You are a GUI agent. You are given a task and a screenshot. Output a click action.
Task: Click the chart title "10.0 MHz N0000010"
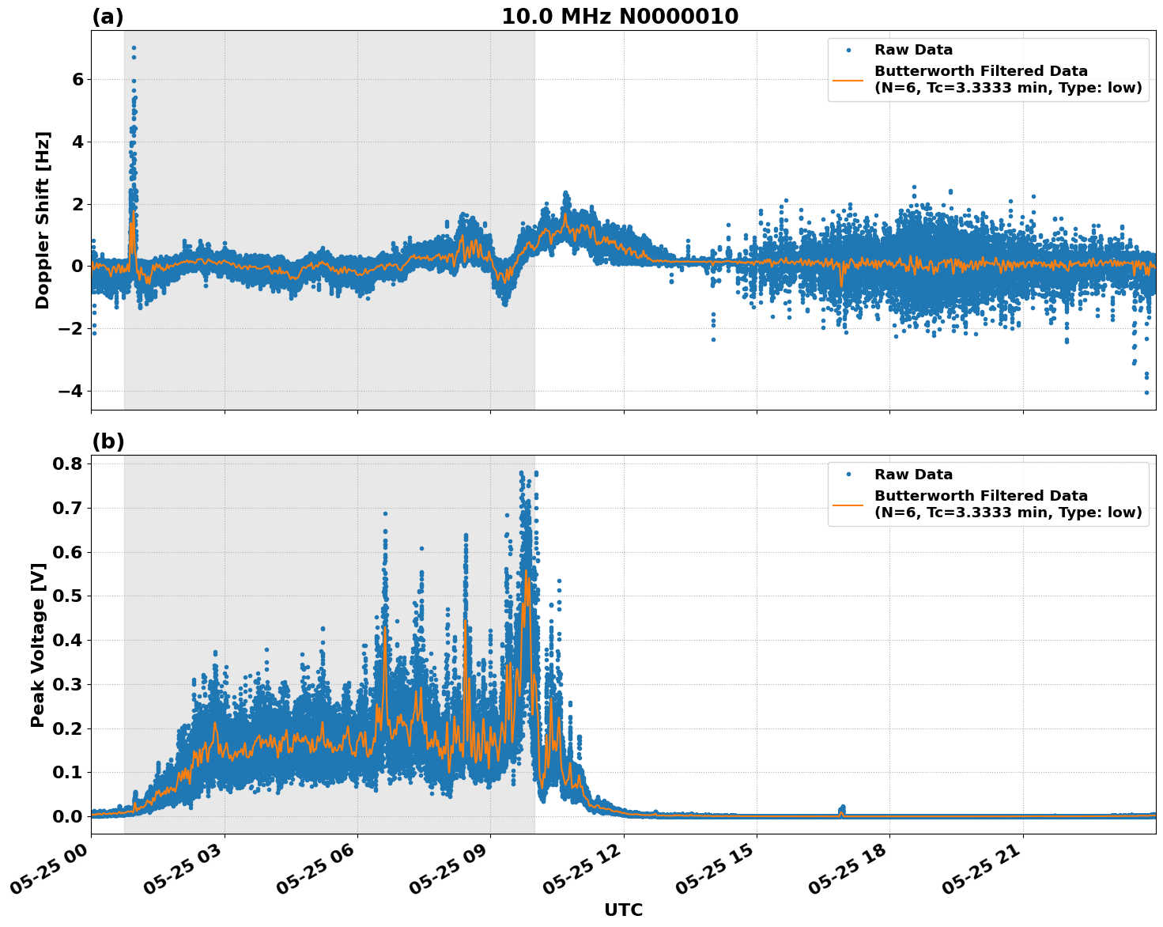pyautogui.click(x=620, y=17)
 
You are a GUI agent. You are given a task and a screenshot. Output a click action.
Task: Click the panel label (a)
pyautogui.click(x=108, y=17)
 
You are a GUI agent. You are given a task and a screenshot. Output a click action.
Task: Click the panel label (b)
pyautogui.click(x=108, y=441)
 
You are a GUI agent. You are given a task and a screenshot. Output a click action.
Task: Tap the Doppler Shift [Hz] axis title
pyautogui.click(x=43, y=220)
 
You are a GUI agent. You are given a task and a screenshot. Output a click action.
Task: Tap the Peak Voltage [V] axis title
pyautogui.click(x=37, y=645)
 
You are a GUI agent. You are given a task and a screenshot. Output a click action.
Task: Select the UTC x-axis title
pyautogui.click(x=623, y=910)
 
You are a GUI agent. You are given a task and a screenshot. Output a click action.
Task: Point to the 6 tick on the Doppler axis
pyautogui.click(x=77, y=79)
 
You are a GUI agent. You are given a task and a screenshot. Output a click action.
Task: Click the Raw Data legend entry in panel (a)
pyautogui.click(x=913, y=50)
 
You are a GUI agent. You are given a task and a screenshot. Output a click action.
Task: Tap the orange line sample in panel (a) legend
pyautogui.click(x=848, y=80)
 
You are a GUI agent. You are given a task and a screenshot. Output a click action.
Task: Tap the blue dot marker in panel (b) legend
pyautogui.click(x=848, y=475)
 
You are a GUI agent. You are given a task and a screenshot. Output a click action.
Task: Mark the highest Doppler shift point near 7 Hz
pyautogui.click(x=134, y=48)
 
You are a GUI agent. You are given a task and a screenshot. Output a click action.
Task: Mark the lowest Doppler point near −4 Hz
pyautogui.click(x=1146, y=392)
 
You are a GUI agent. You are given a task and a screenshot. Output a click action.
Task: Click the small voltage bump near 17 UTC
pyautogui.click(x=842, y=808)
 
